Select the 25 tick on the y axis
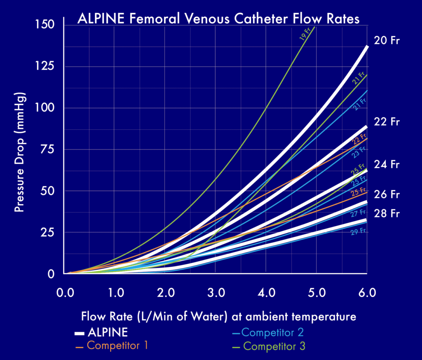tap(50, 232)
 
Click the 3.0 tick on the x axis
tap(216, 293)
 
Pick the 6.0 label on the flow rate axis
tap(367, 293)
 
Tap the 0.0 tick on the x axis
tap(65, 293)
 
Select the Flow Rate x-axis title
tap(218, 317)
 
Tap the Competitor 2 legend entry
tap(274, 332)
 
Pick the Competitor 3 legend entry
tap(274, 346)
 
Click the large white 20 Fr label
tap(387, 41)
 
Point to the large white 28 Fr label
tap(387, 213)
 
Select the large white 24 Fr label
tap(387, 164)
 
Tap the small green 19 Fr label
tap(305, 37)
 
